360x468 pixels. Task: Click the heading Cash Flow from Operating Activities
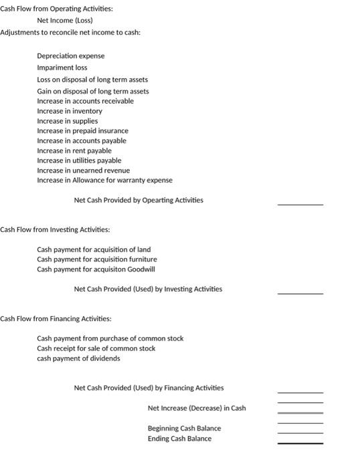tap(57, 9)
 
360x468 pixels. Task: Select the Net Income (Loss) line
tap(65, 20)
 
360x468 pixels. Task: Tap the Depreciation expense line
tap(71, 56)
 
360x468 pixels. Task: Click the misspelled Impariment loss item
tap(62, 68)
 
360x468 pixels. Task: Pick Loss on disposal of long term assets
tap(92, 80)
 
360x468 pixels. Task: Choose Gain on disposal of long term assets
tap(93, 91)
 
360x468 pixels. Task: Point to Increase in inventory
tap(70, 111)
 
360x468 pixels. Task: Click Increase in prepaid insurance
tap(82, 131)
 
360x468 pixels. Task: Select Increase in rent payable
tap(74, 150)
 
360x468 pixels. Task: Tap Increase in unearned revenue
tap(84, 170)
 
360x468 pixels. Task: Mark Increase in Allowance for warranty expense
tap(104, 181)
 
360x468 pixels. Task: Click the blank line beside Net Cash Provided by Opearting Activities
tap(300, 203)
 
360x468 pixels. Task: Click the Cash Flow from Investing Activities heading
tap(56, 229)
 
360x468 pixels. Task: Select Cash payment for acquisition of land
tap(94, 249)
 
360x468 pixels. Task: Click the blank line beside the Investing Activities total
tap(300, 292)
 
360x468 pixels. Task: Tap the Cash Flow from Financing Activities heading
tap(56, 318)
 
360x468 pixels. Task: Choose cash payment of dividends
tap(79, 358)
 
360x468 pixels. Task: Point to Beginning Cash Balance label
tap(184, 429)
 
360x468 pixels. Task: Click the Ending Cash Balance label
tap(179, 439)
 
